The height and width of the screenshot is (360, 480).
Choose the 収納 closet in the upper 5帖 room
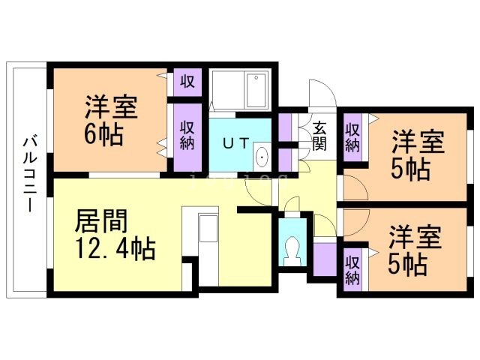352,135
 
